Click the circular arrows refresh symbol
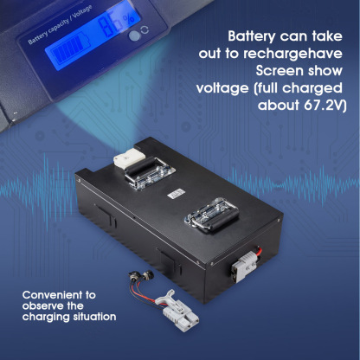coord(145,30)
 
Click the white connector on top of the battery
coord(128,158)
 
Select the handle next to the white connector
coord(149,173)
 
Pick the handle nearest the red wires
coord(212,215)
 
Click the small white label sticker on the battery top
coord(176,193)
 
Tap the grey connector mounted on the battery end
coord(243,267)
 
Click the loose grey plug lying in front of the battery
coord(177,311)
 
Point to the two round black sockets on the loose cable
coord(141,275)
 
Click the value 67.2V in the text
coord(324,106)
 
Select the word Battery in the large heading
coord(252,37)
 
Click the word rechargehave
coord(293,54)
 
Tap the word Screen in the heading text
coord(279,71)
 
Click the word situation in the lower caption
coord(94,317)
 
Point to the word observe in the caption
coord(42,305)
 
